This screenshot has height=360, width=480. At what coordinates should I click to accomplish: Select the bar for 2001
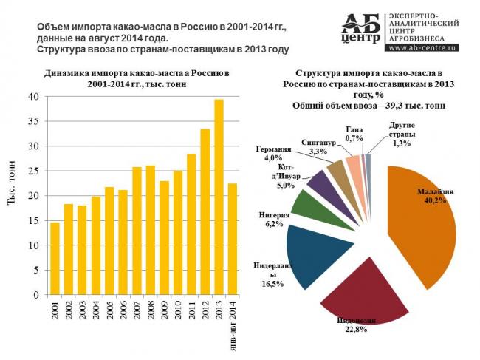pyautogui.click(x=55, y=259)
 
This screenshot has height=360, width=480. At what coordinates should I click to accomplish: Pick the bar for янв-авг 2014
pyautogui.click(x=232, y=240)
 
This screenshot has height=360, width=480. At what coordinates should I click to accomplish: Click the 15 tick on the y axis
pyautogui.click(x=33, y=220)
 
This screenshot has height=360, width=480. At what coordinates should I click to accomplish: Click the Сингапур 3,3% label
pyautogui.click(x=319, y=146)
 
